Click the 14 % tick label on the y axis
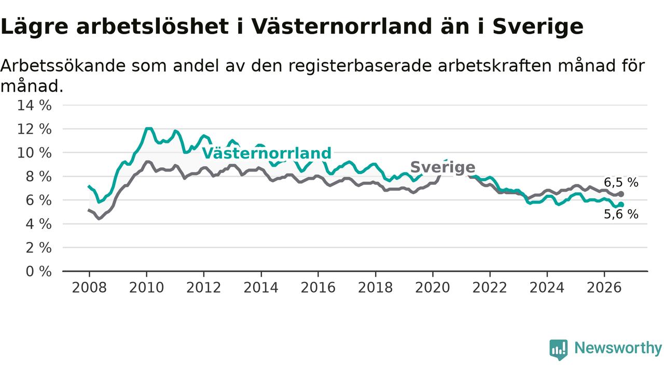tap(34, 105)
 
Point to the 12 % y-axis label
tap(34, 129)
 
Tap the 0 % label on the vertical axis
tap(39, 271)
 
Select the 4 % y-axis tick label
tap(39, 224)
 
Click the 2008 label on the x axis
tap(89, 288)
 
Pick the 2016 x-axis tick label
tap(318, 288)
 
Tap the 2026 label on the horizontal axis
tap(604, 288)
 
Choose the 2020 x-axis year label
tap(433, 288)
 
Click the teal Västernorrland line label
tap(267, 153)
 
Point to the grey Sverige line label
tap(443, 167)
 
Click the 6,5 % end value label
tap(621, 183)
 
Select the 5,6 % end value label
tap(621, 214)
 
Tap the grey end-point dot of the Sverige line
tap(621, 194)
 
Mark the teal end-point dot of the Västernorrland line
tap(621, 205)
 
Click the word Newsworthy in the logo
tap(618, 348)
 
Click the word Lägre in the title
tap(34, 27)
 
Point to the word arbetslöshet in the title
tap(153, 26)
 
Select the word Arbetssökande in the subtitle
tap(63, 66)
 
